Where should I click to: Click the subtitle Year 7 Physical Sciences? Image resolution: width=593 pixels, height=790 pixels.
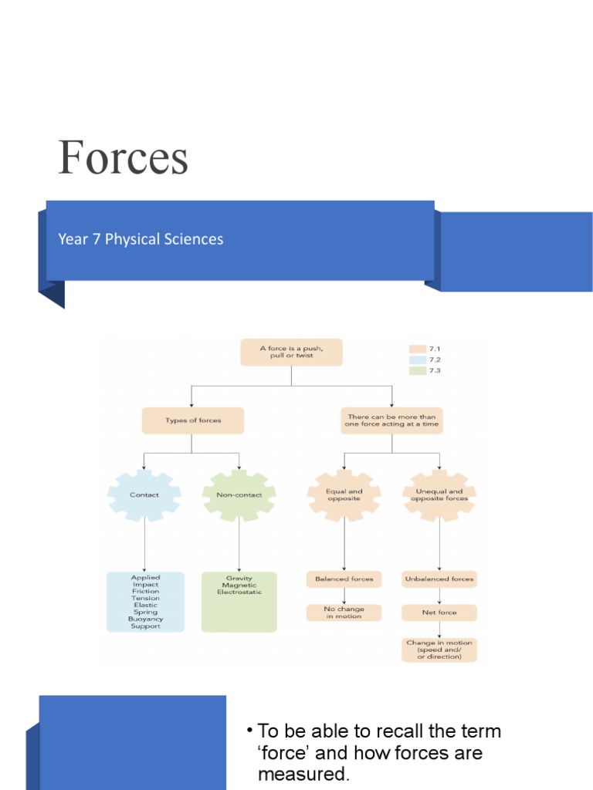pyautogui.click(x=141, y=239)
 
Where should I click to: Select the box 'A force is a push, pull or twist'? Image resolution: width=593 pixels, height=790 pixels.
pyautogui.click(x=291, y=352)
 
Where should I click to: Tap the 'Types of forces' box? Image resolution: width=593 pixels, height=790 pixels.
pyautogui.click(x=193, y=420)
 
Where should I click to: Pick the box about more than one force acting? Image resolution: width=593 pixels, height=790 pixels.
pyautogui.click(x=392, y=420)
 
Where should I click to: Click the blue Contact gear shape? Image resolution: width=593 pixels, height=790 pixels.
pyautogui.click(x=144, y=495)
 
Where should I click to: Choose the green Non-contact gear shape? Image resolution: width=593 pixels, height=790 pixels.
pyautogui.click(x=239, y=495)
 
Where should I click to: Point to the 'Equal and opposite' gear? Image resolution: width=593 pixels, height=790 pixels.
pyautogui.click(x=344, y=495)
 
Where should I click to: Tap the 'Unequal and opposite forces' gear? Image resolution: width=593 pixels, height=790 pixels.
pyautogui.click(x=439, y=495)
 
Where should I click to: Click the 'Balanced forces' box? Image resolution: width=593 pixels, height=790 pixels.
pyautogui.click(x=344, y=578)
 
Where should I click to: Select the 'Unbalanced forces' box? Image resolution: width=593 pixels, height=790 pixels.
pyautogui.click(x=439, y=578)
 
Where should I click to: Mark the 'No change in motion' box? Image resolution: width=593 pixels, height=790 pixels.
pyautogui.click(x=344, y=613)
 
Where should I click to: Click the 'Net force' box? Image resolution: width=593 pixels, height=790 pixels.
pyautogui.click(x=439, y=613)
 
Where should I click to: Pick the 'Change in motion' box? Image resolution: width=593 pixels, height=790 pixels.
pyautogui.click(x=439, y=649)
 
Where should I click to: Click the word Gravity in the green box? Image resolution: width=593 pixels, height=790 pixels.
pyautogui.click(x=239, y=578)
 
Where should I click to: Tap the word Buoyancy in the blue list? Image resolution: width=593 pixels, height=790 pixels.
pyautogui.click(x=145, y=619)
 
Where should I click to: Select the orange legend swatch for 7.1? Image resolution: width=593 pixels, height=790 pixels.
pyautogui.click(x=418, y=349)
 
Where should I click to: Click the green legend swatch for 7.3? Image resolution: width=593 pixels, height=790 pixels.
pyautogui.click(x=418, y=370)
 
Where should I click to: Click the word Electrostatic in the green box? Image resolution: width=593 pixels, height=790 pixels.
pyautogui.click(x=239, y=592)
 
